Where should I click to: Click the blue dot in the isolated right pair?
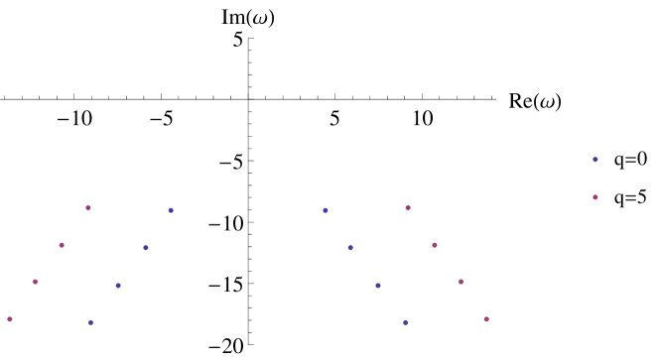point(595,160)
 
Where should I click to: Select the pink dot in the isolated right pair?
point(595,197)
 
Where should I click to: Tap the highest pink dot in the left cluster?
point(88,208)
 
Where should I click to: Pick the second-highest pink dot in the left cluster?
point(62,245)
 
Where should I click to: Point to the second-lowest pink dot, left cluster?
point(35,282)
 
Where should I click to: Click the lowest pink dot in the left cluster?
point(10,319)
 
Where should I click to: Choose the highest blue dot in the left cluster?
point(171,210)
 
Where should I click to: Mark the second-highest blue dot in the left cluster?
point(146,248)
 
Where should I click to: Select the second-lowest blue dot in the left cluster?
point(118,286)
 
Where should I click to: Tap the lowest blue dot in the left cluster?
point(90,322)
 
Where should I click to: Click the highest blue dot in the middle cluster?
point(326,210)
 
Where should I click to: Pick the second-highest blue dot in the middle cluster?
point(350,248)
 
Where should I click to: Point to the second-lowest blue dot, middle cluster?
point(378,286)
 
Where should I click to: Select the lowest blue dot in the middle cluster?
point(405,322)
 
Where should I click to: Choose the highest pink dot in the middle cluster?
point(408,208)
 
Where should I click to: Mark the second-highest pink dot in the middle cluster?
point(435,245)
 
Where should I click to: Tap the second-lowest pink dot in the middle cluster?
point(461,282)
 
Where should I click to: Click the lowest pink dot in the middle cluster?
point(486,319)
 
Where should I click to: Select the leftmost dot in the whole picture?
point(10,319)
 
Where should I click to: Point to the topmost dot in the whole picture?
point(595,160)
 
